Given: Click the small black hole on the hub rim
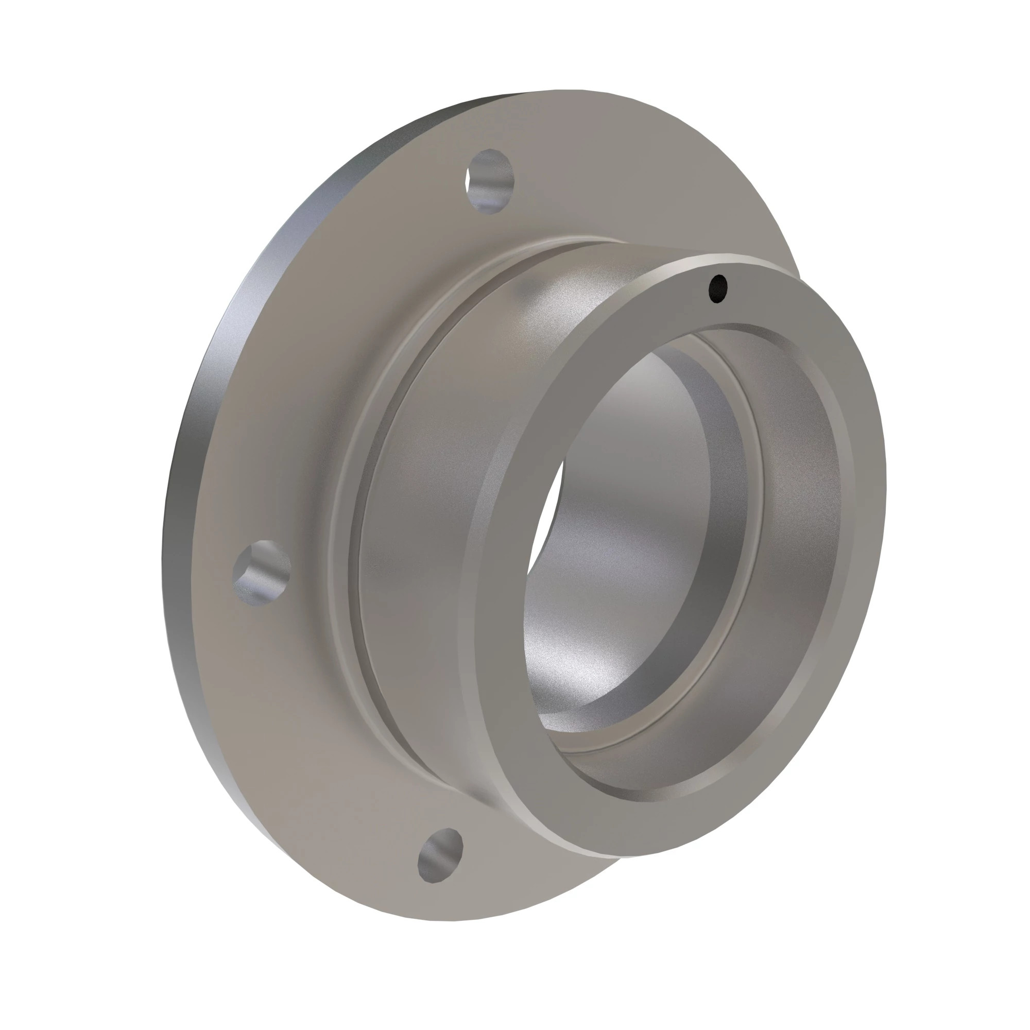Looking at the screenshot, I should coord(718,288).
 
